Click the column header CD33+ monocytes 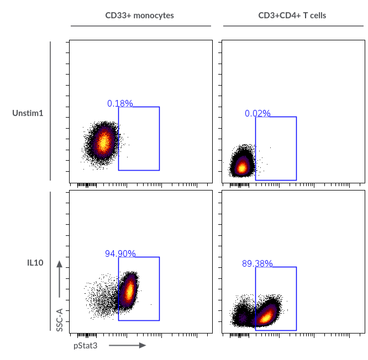coord(140,15)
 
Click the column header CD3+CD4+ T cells coord(292,15)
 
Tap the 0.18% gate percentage coord(120,103)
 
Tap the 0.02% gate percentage coord(257,113)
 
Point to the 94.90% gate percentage coord(120,253)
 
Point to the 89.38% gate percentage coord(257,263)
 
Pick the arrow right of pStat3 coord(127,346)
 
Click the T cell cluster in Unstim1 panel coord(241,166)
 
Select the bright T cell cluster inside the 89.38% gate coord(266,316)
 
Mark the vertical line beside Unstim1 coord(50,110)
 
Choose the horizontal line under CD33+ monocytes coord(140,26)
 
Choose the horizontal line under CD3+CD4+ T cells coord(292,26)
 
